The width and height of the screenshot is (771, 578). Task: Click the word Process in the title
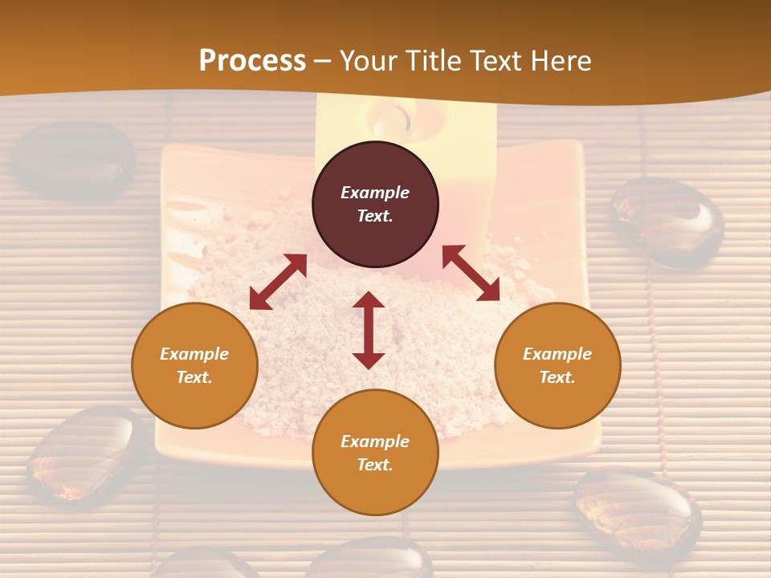[x=252, y=61]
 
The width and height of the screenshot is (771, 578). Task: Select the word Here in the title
[x=560, y=61]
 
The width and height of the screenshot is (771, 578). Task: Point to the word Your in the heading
[x=370, y=61]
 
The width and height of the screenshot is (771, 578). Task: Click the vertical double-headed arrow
[x=369, y=330]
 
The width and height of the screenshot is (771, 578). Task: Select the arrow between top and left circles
[x=278, y=282]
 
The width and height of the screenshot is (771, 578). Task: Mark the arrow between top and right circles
[x=471, y=274]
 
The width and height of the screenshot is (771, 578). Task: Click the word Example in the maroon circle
[x=375, y=193]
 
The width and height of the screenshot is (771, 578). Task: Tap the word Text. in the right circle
[x=557, y=377]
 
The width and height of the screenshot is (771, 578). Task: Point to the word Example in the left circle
[x=194, y=354]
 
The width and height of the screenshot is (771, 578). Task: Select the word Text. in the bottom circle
[x=375, y=465]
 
